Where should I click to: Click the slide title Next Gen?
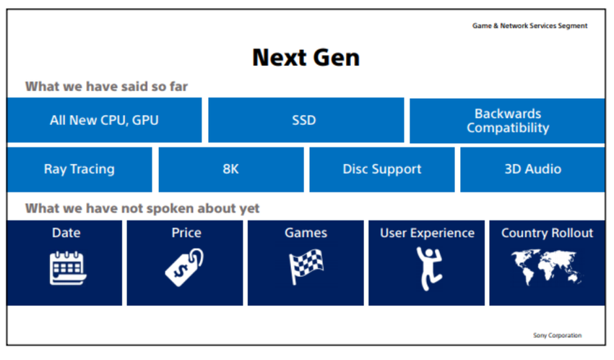(306, 57)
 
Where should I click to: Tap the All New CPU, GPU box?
(104, 120)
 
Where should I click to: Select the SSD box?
(305, 120)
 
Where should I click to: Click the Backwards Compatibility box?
(507, 121)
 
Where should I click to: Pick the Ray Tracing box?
(79, 169)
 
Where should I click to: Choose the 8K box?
(230, 169)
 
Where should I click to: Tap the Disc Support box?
(381, 169)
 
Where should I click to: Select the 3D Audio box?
(532, 169)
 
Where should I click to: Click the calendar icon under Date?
(67, 267)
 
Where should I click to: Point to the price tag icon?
(186, 267)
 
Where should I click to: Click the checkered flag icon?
(306, 267)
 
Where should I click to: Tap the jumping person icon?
(427, 267)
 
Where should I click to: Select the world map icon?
(547, 267)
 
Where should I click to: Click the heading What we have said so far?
(106, 87)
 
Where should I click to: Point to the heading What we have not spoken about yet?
(142, 208)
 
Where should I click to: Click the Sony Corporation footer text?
(557, 335)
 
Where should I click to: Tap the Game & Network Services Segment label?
(529, 25)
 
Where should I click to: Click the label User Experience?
(427, 233)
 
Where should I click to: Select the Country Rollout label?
(547, 233)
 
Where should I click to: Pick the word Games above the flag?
(306, 233)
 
